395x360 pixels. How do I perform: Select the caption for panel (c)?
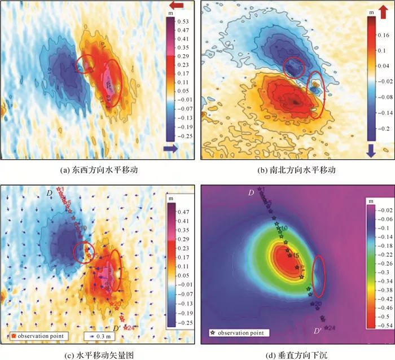click(99, 354)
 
